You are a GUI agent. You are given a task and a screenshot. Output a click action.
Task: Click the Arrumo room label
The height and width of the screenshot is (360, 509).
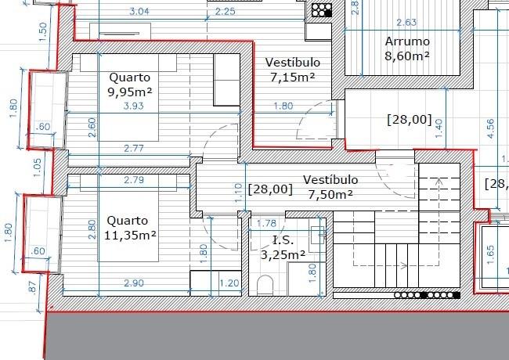407,41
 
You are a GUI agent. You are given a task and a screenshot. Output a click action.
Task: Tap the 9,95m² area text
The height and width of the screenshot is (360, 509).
130,92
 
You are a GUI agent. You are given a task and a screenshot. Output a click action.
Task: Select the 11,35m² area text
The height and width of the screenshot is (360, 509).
130,235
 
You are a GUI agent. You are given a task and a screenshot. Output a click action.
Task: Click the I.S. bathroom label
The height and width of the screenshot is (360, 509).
283,240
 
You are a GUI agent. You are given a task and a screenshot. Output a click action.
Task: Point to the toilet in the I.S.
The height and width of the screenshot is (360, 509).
265,285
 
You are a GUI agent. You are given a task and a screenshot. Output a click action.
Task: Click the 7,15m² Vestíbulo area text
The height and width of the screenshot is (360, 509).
293,77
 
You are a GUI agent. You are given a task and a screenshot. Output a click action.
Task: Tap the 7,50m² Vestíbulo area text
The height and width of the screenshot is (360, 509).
330,195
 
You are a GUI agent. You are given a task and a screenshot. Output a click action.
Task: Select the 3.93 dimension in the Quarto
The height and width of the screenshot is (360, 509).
133,106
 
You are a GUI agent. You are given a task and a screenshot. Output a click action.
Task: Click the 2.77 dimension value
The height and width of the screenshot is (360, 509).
134,149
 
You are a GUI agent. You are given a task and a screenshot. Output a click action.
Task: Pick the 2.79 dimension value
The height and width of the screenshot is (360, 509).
134,180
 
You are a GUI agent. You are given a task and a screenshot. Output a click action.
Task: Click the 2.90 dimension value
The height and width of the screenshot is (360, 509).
134,283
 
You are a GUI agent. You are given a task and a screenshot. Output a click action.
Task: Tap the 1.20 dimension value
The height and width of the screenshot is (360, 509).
229,283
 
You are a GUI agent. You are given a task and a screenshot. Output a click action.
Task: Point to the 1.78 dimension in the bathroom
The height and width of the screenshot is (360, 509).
266,224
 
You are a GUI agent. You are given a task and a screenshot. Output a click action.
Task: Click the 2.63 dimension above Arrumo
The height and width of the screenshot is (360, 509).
406,23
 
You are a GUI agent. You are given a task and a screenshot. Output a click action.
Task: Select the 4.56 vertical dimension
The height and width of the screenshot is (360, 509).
490,129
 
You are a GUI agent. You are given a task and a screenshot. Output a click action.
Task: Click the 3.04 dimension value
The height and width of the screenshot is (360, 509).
139,12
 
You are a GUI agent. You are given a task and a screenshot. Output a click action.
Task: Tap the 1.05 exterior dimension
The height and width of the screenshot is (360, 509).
38,167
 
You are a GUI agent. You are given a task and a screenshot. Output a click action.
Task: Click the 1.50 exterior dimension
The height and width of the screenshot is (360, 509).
43,32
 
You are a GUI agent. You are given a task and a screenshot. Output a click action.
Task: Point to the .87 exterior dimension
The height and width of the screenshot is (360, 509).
32,287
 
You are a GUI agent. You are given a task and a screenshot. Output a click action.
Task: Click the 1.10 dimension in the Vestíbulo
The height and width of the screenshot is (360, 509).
238,193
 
